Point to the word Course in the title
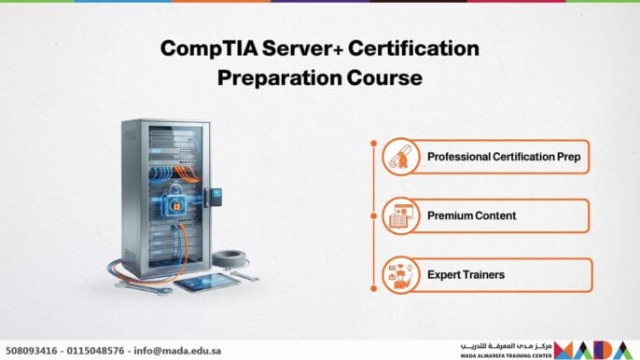click(383, 77)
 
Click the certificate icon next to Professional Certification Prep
click(398, 157)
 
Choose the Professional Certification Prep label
click(504, 157)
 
